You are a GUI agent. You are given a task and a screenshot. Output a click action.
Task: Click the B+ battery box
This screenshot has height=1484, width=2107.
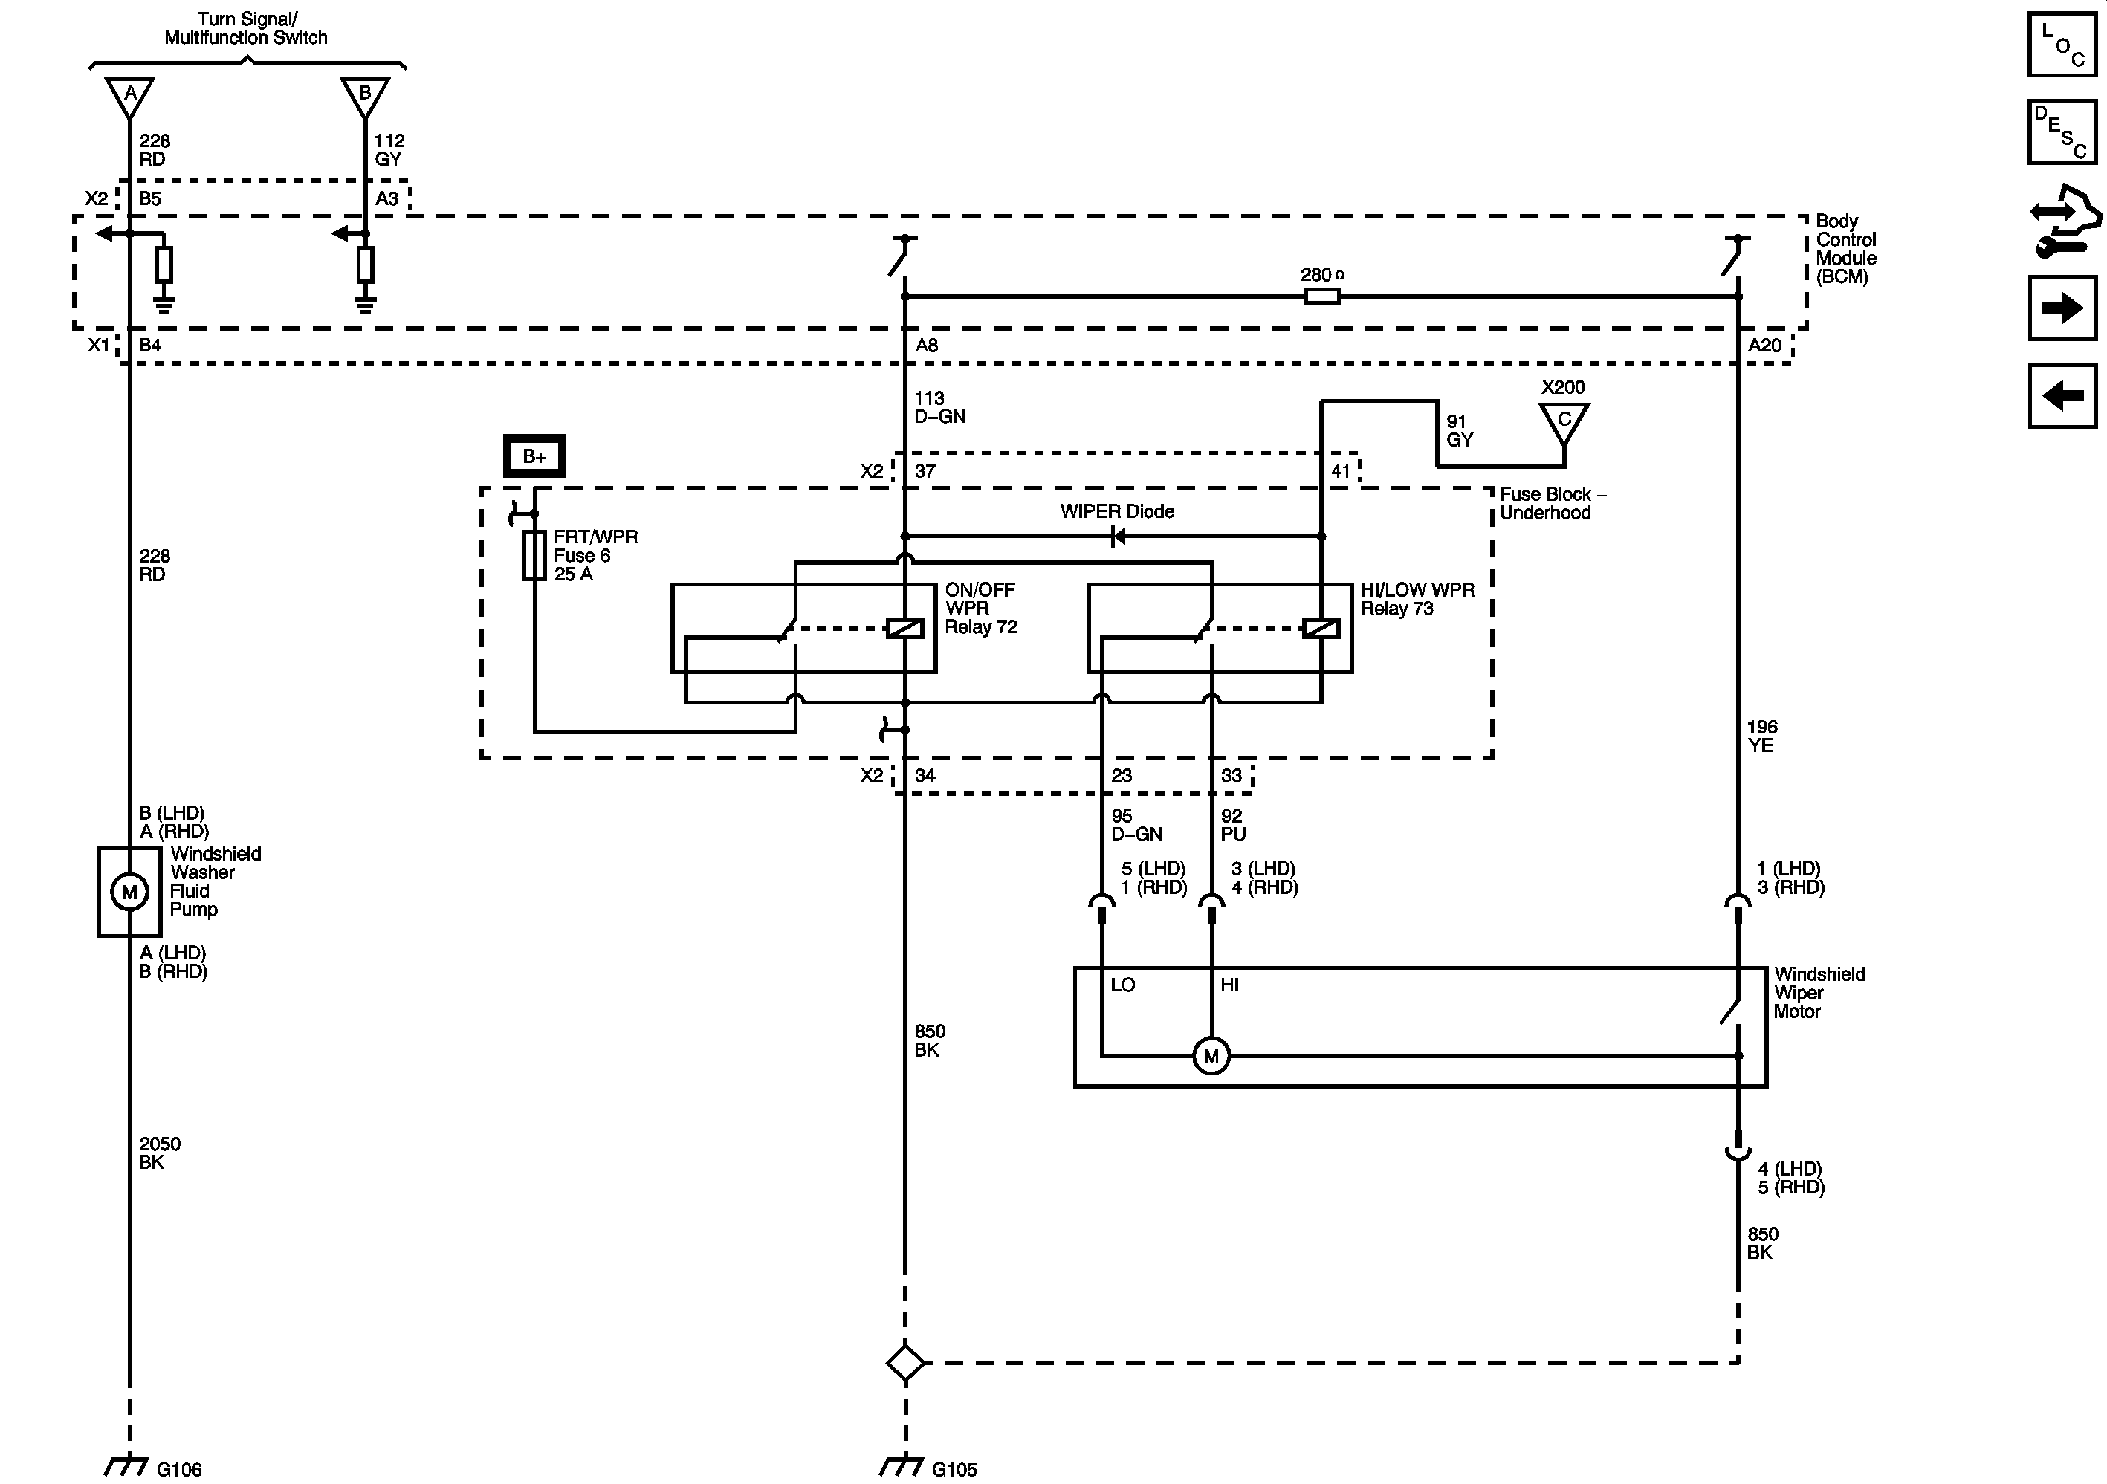tap(534, 456)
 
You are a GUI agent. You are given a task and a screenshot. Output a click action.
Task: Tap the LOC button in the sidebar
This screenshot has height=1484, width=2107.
tap(2061, 44)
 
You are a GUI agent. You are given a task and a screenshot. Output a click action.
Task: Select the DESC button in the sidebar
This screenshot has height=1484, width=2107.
tap(2061, 132)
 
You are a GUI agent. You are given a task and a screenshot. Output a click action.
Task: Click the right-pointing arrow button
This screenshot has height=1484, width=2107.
tap(2061, 308)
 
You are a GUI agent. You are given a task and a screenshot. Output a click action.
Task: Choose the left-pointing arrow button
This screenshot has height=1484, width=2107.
tap(2061, 395)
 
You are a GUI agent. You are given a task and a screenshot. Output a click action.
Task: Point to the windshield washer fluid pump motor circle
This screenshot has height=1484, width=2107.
tap(129, 891)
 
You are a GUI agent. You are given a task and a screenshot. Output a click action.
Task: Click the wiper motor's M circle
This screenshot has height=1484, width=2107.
tap(1211, 1056)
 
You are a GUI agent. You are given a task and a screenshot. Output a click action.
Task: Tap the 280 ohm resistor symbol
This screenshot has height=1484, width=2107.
tap(1321, 297)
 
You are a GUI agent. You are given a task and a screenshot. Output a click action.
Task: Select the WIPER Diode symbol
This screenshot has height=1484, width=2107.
tap(1117, 536)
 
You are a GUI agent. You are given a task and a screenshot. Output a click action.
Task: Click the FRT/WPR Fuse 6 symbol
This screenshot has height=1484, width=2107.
tap(534, 555)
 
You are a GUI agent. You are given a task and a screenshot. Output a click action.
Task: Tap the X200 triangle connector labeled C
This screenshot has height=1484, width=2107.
tap(1564, 422)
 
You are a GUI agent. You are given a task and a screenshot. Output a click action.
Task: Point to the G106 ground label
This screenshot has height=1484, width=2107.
tap(178, 1470)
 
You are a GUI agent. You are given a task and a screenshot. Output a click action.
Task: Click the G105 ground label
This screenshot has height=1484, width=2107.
tap(954, 1470)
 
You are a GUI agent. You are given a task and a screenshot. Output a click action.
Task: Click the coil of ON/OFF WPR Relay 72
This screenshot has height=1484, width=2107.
tap(904, 629)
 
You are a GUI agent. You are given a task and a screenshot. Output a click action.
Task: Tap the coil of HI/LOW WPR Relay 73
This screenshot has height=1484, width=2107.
tap(1321, 629)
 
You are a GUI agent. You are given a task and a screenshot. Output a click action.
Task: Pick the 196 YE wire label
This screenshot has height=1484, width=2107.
tap(1761, 736)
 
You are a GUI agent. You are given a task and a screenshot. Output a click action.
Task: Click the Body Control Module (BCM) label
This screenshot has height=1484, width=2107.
tap(1845, 249)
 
